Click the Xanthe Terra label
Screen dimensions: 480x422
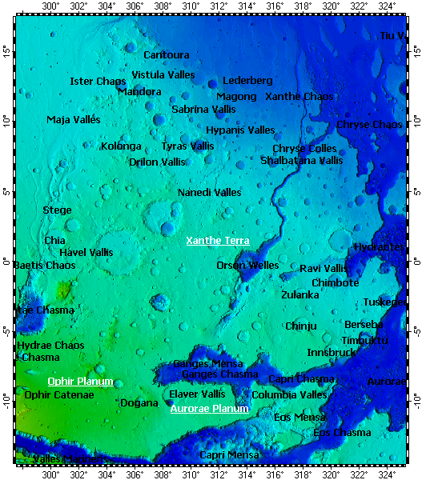218,241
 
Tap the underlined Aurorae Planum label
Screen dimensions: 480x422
210,409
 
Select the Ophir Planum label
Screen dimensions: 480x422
80,382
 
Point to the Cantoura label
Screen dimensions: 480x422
167,55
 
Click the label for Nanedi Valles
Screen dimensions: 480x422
209,193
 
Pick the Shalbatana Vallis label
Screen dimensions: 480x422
301,161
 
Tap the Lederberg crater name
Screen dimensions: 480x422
247,81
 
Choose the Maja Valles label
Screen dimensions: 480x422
74,120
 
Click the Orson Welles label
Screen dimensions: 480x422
247,266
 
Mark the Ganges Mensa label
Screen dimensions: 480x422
207,364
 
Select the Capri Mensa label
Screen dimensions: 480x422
229,455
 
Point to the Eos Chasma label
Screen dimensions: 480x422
342,433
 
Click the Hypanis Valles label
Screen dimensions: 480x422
240,130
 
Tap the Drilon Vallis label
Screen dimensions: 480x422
157,162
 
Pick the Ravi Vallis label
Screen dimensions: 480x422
324,269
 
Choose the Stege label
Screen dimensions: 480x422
57,210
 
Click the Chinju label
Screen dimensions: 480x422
301,326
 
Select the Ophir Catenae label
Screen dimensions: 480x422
59,395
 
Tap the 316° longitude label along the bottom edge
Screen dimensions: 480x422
275,474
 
